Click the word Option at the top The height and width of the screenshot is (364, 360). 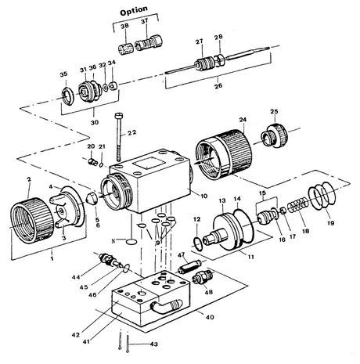click(138, 12)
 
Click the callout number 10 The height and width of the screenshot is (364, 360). click(203, 194)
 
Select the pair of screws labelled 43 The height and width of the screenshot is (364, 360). click(119, 341)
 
